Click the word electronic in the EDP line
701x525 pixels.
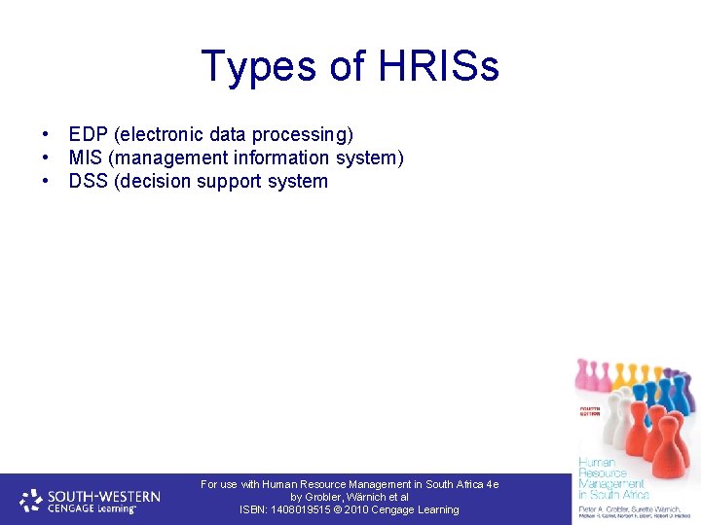[160, 134]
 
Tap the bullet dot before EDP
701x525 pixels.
[46, 134]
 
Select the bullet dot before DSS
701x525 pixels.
[46, 181]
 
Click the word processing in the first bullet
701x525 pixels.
[303, 134]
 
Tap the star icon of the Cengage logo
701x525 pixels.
[31, 500]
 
